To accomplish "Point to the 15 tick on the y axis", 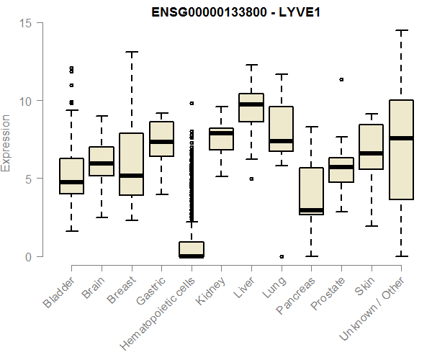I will click(27, 23).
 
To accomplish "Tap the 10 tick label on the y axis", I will click(27, 101).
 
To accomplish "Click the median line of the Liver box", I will click(251, 104).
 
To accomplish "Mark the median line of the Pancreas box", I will click(311, 210).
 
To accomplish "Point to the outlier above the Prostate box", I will click(341, 79).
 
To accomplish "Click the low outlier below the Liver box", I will click(251, 179).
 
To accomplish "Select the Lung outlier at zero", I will click(282, 256).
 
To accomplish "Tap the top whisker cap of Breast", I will click(131, 52).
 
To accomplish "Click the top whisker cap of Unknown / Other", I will click(401, 30).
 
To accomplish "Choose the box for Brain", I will click(102, 161).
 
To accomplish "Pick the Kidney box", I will click(221, 139).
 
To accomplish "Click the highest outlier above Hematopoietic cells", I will click(192, 103).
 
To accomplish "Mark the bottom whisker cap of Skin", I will click(371, 226).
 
